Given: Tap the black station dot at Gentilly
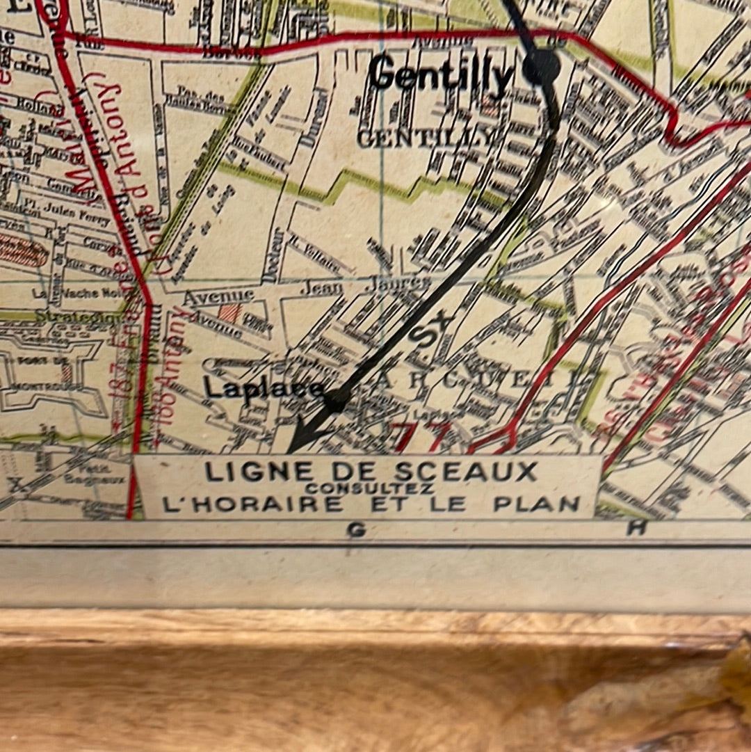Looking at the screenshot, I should pos(542,67).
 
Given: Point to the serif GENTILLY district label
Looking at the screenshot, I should pos(427,138).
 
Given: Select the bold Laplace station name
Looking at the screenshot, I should pos(264,389).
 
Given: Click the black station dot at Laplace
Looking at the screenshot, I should pos(337,399).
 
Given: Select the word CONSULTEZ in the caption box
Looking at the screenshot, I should pos(369,488).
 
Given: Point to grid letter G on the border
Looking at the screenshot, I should pos(356,531).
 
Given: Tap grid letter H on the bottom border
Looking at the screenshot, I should pos(636,528).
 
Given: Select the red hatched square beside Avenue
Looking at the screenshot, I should pos(230,312).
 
